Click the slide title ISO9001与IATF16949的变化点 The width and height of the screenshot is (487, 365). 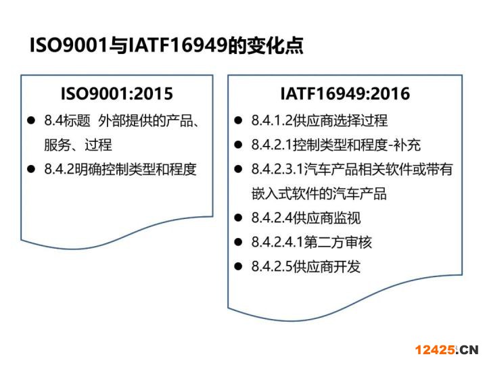point(166,45)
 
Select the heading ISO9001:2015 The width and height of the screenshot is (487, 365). point(117,94)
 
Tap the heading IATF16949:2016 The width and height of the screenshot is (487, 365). point(345,94)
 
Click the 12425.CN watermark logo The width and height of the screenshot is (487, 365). point(446,350)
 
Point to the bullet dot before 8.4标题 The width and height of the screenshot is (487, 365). point(31,120)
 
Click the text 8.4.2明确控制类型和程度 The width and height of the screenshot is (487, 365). point(120,169)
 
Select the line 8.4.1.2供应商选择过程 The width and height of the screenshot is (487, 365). point(319,120)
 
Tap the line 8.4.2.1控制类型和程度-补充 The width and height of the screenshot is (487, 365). point(336,145)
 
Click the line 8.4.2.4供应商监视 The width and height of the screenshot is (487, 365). point(306,218)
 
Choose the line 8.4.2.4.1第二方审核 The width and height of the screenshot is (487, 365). point(312,242)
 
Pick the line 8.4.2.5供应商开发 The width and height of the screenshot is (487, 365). point(306,266)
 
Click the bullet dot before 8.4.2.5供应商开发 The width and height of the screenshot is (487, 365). point(238,266)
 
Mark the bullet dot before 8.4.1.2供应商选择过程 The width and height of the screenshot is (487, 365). point(238,120)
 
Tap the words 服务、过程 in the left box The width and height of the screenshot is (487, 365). point(78,145)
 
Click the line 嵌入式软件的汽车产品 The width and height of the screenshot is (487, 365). point(319,194)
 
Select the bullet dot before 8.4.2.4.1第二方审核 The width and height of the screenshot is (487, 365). point(238,242)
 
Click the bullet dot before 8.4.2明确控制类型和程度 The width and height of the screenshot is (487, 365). point(31,169)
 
